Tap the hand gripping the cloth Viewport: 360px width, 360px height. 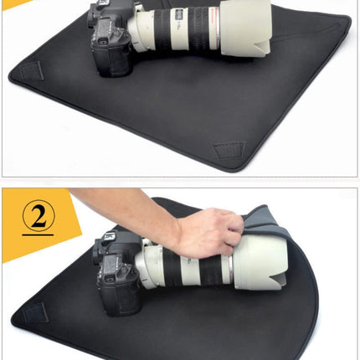pos(209,231)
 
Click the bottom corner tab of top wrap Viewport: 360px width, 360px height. pos(228,152)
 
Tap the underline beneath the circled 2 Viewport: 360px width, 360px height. pos(38,237)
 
